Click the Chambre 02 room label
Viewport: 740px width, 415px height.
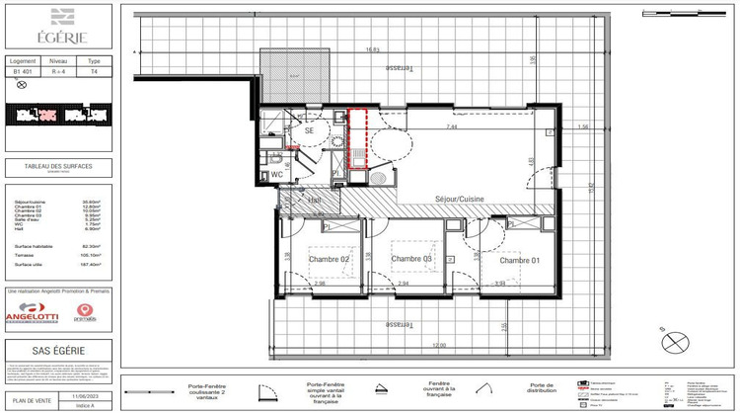(x=330, y=259)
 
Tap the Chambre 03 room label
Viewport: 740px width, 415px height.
(x=412, y=260)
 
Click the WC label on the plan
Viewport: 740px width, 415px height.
(x=277, y=174)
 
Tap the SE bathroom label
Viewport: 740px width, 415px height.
(x=308, y=130)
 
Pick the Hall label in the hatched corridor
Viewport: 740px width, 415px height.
(x=314, y=200)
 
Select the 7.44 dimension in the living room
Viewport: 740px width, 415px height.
(x=451, y=127)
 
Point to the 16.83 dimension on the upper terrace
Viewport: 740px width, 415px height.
(x=373, y=49)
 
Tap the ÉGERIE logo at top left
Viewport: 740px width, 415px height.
(x=61, y=27)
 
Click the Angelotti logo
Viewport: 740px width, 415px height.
(x=33, y=313)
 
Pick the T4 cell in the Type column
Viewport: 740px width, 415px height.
(x=95, y=71)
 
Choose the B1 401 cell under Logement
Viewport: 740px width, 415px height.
(x=22, y=71)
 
